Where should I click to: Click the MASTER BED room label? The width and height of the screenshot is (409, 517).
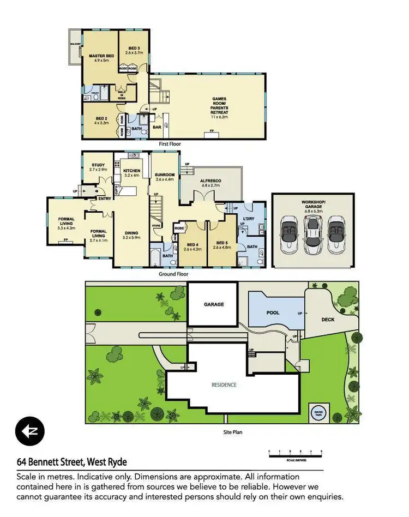(x=101, y=56)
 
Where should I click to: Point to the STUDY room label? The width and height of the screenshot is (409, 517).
(x=98, y=166)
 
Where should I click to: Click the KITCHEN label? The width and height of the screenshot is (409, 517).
(x=131, y=171)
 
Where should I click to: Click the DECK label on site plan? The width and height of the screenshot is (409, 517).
(x=328, y=320)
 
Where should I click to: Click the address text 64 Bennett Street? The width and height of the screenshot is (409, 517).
(x=71, y=462)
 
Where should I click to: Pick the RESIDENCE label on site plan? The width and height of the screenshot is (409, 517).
(x=224, y=385)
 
